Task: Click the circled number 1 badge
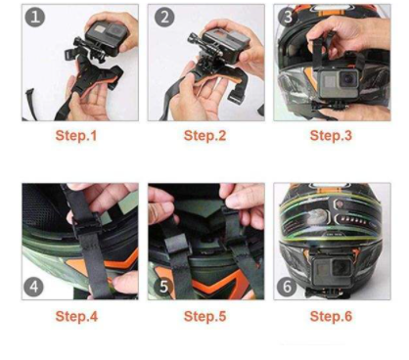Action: tap(35, 17)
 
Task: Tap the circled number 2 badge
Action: tap(164, 17)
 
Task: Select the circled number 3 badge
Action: tap(288, 17)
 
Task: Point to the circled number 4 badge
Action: tap(33, 287)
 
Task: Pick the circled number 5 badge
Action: tap(163, 287)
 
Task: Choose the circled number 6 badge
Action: tap(287, 287)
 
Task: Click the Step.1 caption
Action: tap(76, 136)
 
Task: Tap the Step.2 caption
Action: tap(204, 136)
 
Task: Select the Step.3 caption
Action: tap(331, 136)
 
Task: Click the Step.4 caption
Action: tap(76, 316)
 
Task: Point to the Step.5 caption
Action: tap(204, 316)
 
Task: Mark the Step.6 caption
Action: tap(331, 316)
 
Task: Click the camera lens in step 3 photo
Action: tap(348, 78)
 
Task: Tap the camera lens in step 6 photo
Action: tap(341, 269)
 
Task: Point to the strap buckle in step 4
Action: tap(84, 224)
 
